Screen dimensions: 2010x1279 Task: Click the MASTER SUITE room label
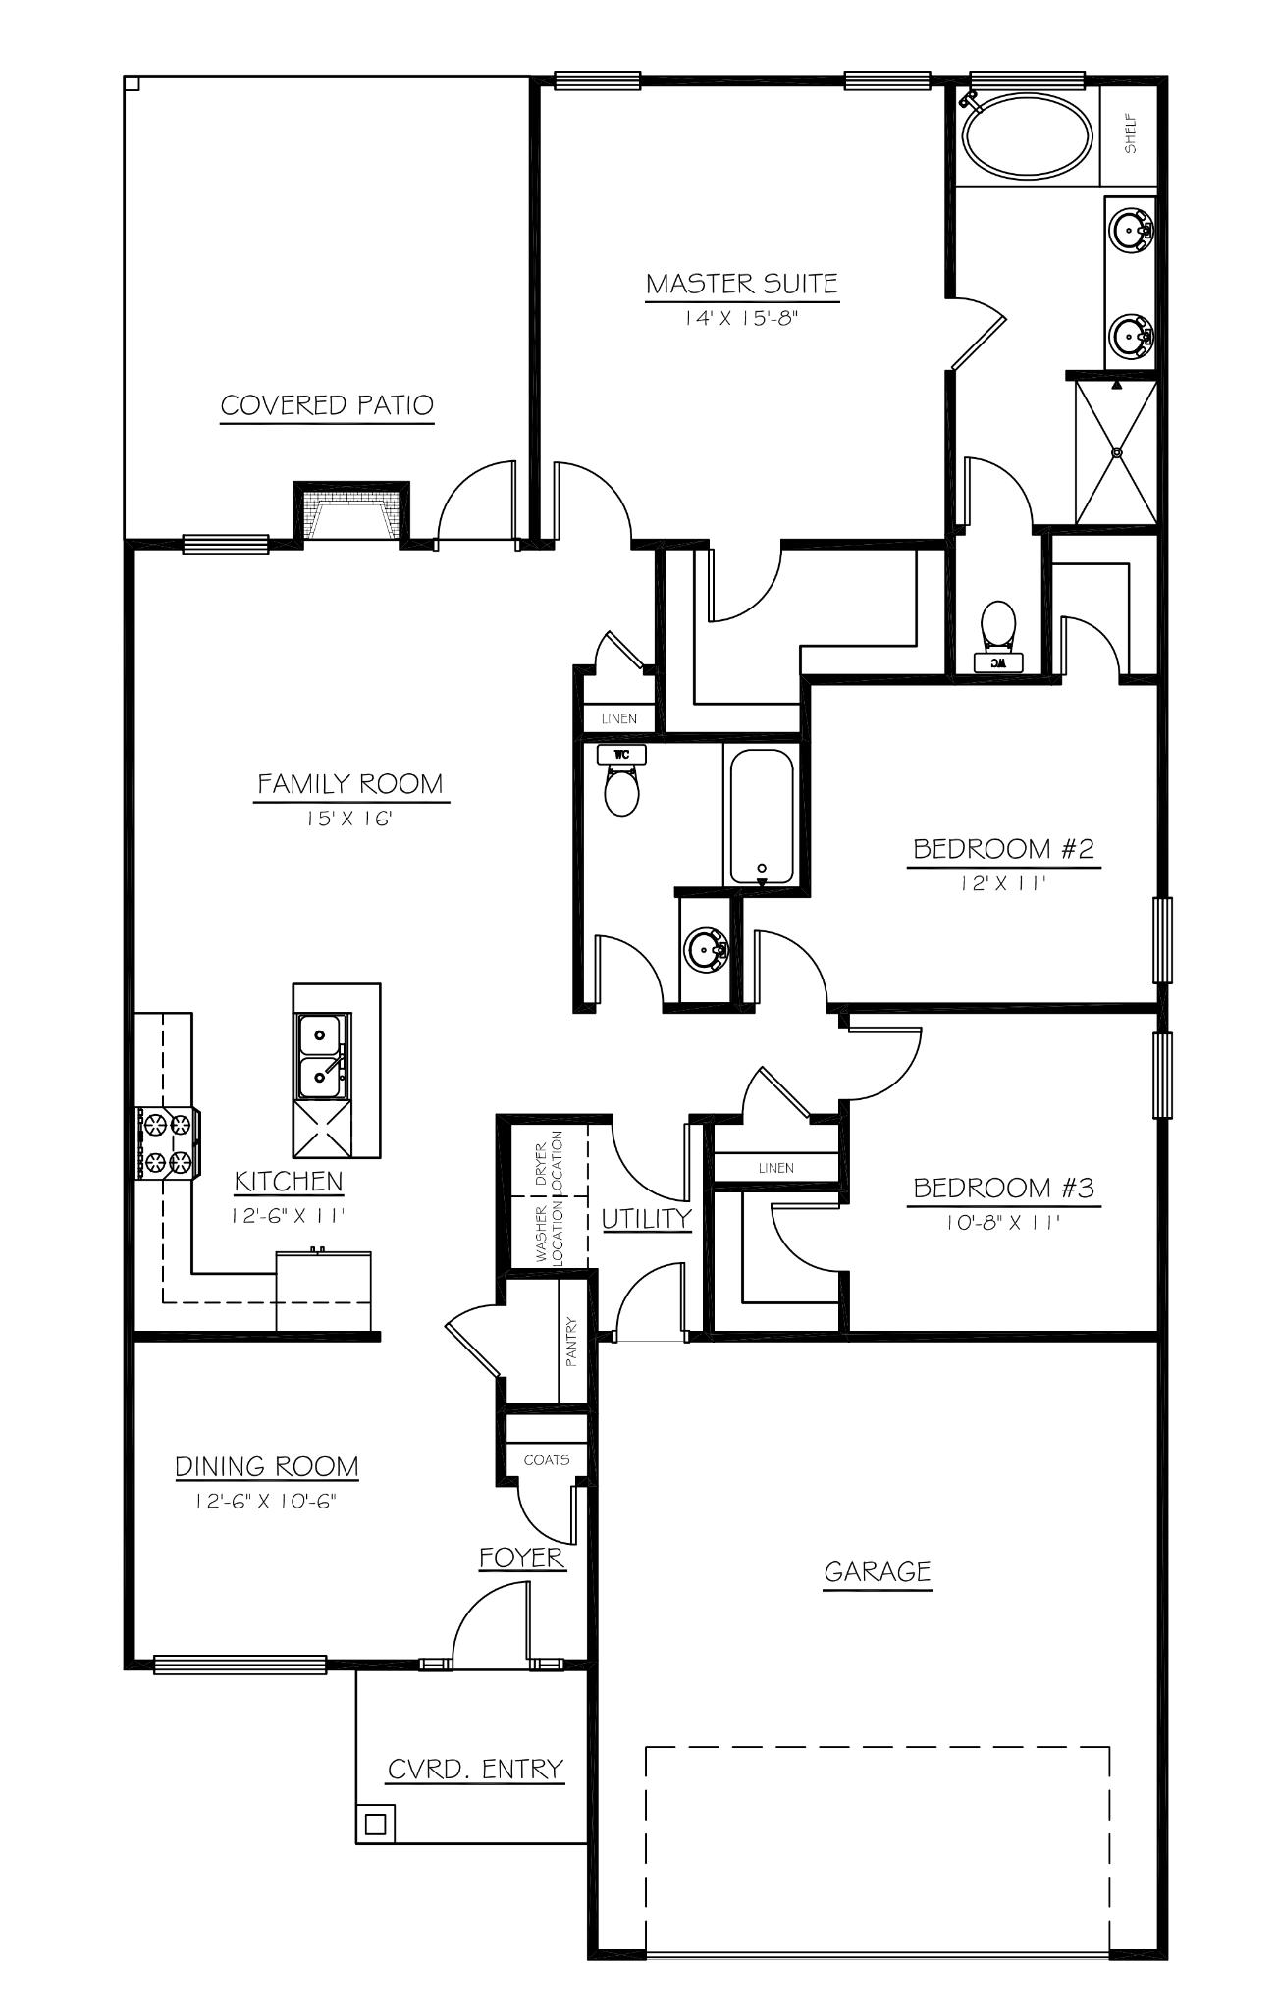[741, 285]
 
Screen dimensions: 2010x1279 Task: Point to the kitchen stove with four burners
[167, 1142]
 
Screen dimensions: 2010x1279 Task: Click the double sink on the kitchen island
[320, 1055]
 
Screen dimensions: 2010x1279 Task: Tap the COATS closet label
[547, 1459]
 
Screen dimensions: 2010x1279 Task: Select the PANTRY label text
[571, 1342]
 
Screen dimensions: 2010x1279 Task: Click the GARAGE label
[877, 1572]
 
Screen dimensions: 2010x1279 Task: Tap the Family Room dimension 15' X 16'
[351, 818]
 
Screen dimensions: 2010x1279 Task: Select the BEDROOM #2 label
[1003, 848]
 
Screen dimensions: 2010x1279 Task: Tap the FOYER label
[522, 1558]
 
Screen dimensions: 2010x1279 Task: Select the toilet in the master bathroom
[998, 629]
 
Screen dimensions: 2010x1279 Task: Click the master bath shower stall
[1116, 451]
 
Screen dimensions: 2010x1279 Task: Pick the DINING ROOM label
[267, 1466]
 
